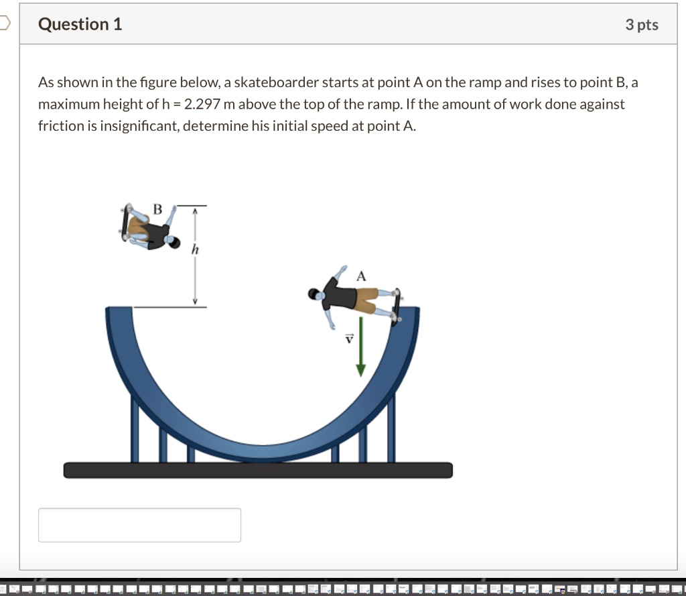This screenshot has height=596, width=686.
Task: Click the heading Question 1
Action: (x=80, y=25)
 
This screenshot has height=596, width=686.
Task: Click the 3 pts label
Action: (x=641, y=25)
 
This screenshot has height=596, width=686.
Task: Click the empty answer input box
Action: (x=139, y=524)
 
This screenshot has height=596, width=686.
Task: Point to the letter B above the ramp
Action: (x=157, y=210)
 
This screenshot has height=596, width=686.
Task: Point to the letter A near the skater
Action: (x=362, y=276)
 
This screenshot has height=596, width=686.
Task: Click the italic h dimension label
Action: (x=195, y=249)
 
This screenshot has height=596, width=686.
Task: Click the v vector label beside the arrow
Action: (x=348, y=339)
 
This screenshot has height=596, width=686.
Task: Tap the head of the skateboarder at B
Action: (x=176, y=241)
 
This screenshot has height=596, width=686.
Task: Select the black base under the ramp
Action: (x=258, y=470)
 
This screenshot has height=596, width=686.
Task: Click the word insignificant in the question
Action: (x=139, y=126)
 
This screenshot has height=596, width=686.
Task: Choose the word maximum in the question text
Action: (x=66, y=105)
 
